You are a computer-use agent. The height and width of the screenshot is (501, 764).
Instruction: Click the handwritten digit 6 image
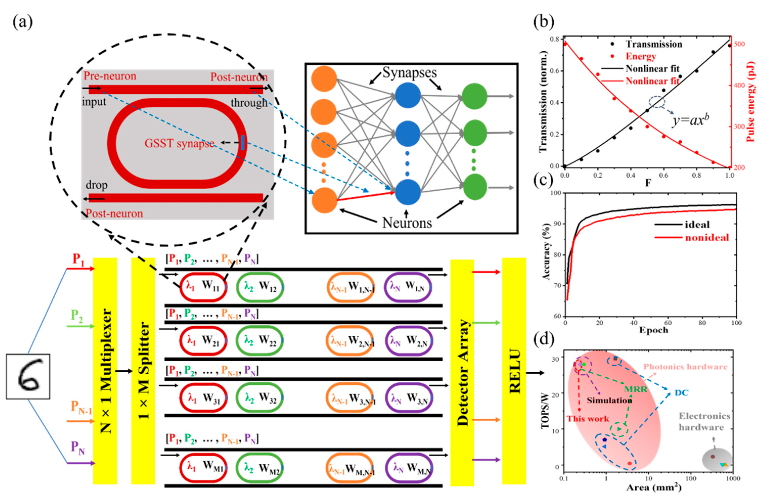pyautogui.click(x=28, y=376)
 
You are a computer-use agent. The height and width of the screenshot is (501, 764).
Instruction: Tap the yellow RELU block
pyautogui.click(x=514, y=371)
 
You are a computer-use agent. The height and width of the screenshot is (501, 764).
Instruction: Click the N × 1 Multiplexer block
pyautogui.click(x=105, y=371)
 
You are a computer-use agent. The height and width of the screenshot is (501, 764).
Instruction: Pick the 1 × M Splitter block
pyautogui.click(x=143, y=371)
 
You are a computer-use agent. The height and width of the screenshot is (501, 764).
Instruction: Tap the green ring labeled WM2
pyautogui.click(x=260, y=468)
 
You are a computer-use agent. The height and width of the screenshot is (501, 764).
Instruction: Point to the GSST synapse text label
pyautogui.click(x=179, y=143)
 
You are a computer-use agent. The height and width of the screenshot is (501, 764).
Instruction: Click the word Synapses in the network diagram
pyautogui.click(x=410, y=73)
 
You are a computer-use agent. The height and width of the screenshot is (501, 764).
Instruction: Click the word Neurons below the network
pyautogui.click(x=407, y=223)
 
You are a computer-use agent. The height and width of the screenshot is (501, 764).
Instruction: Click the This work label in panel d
pyautogui.click(x=588, y=419)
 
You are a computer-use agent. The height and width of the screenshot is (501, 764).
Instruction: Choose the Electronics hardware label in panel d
pyautogui.click(x=704, y=422)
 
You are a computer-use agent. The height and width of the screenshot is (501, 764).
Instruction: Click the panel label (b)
pyautogui.click(x=544, y=22)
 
